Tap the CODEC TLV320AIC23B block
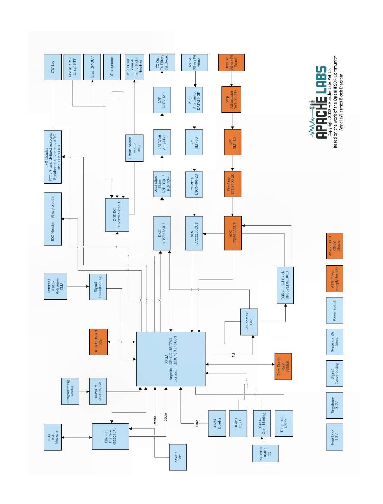117,214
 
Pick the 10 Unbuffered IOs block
98,342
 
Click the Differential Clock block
285,285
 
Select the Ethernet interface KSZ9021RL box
110,436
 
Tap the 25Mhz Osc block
177,458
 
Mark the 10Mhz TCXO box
240,423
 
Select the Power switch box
334,309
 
